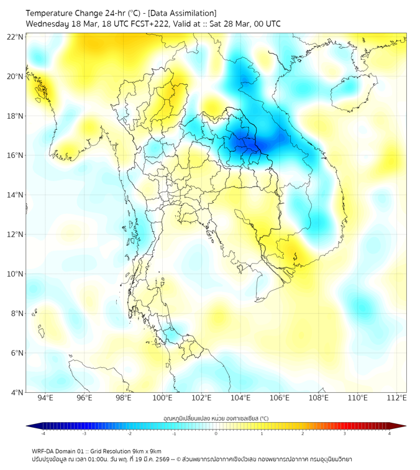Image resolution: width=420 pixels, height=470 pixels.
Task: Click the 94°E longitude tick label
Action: coord(45,399)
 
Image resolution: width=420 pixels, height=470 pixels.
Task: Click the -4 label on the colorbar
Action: coord(42,433)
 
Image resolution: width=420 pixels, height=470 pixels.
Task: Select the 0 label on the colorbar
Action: coord(216,433)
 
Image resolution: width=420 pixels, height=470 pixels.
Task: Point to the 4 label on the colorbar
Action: coord(390,433)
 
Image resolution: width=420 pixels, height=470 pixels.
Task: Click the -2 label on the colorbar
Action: coord(129,433)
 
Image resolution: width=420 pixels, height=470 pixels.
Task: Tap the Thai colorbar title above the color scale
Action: coord(216,418)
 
